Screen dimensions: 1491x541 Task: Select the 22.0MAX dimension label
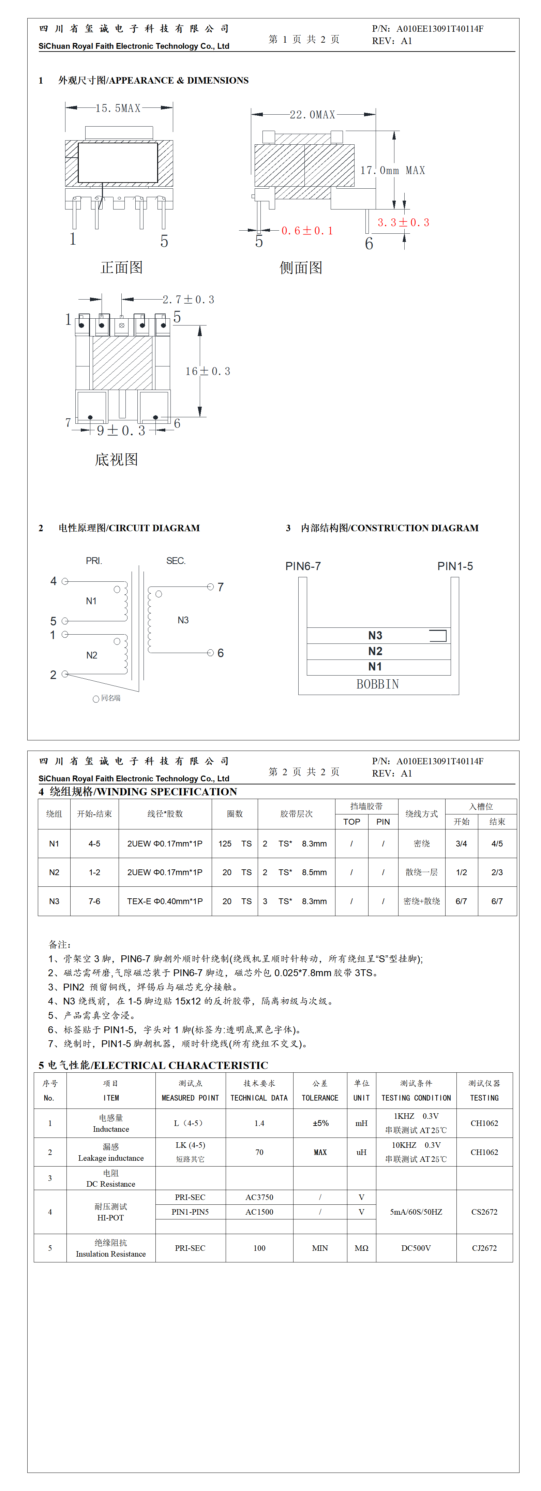click(x=313, y=115)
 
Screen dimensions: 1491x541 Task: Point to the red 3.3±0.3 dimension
click(x=403, y=222)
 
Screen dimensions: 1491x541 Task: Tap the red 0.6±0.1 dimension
click(x=307, y=231)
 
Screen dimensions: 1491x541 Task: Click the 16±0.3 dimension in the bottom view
click(x=208, y=371)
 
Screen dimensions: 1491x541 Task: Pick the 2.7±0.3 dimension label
click(x=188, y=299)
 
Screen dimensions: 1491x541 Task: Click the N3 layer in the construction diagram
click(x=375, y=636)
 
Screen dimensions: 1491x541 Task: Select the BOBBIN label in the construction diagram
click(x=377, y=684)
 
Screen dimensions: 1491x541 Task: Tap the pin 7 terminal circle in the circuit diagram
click(x=211, y=587)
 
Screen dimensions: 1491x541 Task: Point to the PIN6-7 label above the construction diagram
click(x=303, y=566)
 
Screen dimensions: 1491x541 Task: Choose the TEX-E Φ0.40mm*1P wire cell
click(x=165, y=901)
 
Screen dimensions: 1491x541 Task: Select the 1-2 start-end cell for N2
click(x=94, y=872)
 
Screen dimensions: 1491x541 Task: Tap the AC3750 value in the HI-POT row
click(x=259, y=1197)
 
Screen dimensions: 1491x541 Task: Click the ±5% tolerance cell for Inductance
click(x=320, y=1123)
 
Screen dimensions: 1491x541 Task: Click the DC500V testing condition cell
click(x=416, y=1248)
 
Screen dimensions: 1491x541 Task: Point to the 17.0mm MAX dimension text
click(x=392, y=170)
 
